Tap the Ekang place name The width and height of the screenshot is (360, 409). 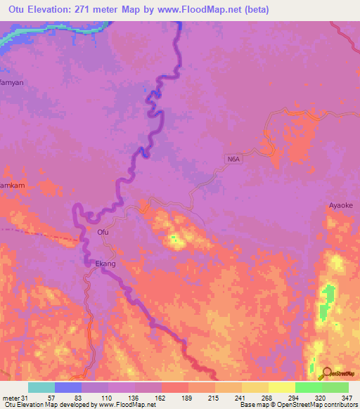tap(105, 264)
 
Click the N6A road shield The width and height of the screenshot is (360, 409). tap(234, 160)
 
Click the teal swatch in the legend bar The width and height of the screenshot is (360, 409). tap(41, 387)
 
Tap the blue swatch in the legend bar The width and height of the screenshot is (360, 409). tap(67, 387)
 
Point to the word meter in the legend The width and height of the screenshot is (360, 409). tap(11, 398)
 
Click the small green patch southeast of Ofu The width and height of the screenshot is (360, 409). tap(173, 240)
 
